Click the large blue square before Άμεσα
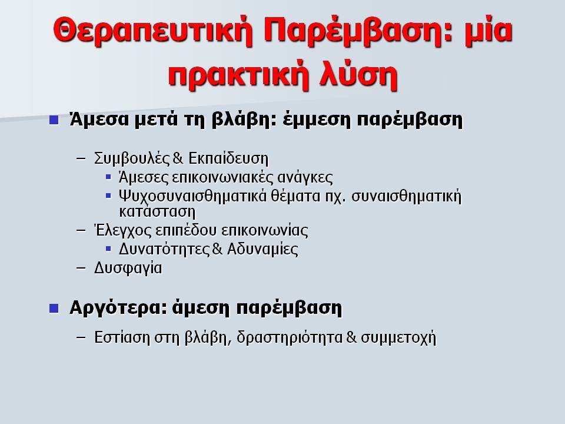point(54,120)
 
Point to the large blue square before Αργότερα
point(54,308)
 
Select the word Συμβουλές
point(132,158)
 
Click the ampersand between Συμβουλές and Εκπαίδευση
point(178,158)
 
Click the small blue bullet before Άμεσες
point(108,177)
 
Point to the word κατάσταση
point(157,211)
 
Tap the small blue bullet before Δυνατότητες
point(108,249)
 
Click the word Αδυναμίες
point(262,249)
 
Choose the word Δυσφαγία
point(128,269)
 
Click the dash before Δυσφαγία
point(81,268)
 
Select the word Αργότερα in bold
point(118,308)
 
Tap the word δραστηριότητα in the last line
point(290,337)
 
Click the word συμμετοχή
point(398,337)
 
